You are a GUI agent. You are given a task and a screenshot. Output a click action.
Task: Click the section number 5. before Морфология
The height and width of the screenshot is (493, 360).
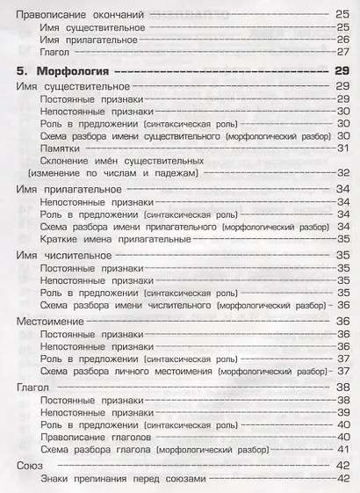pyautogui.click(x=25, y=70)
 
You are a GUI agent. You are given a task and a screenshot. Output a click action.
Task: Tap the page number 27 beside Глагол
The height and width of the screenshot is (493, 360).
pyautogui.click(x=342, y=52)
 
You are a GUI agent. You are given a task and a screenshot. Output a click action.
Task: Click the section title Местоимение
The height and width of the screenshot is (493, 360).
pyautogui.click(x=51, y=321)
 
